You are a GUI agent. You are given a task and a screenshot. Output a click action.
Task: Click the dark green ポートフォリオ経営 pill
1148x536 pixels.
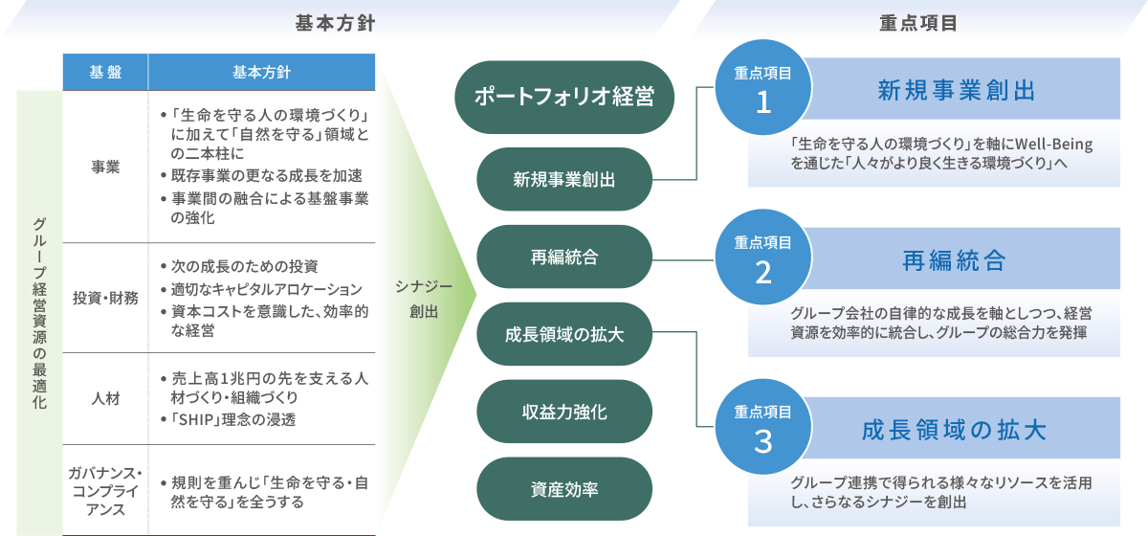[x=564, y=98]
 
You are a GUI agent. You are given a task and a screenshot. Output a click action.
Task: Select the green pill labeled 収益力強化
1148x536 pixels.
[x=564, y=412]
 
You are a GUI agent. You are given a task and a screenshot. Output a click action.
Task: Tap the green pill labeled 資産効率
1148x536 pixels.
[x=564, y=489]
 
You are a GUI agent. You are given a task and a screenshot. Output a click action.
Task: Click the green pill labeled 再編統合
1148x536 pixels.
[x=564, y=257]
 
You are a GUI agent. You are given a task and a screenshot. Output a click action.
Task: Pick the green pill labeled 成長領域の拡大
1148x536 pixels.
[x=564, y=334]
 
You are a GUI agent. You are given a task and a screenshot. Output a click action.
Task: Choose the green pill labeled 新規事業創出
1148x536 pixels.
[x=564, y=179]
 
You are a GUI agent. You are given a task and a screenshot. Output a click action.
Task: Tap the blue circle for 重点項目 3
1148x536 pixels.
[x=762, y=432]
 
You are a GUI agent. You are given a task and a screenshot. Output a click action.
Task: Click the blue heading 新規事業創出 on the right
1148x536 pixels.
[x=957, y=91]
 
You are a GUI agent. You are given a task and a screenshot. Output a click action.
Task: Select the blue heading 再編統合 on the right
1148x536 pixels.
[x=957, y=259]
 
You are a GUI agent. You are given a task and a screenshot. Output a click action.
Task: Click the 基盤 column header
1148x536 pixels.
[x=105, y=72]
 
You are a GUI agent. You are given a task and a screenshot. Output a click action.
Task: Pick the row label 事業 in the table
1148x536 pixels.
[x=105, y=167]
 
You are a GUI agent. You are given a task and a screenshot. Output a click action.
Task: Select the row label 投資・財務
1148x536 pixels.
[x=105, y=298]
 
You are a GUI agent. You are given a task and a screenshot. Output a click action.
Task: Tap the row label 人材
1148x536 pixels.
[x=105, y=397]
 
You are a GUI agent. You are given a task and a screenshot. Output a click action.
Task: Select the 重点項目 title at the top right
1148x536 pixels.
[x=918, y=24]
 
